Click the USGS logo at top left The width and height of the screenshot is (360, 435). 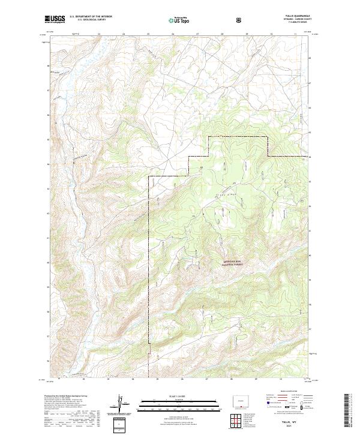(x=55, y=20)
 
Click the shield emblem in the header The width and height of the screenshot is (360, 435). (x=240, y=20)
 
